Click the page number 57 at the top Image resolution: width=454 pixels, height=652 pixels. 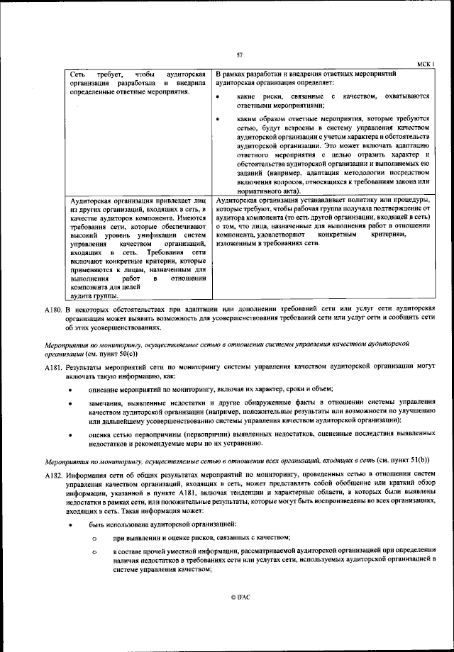coord(240,55)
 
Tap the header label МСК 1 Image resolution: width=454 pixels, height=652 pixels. coord(423,63)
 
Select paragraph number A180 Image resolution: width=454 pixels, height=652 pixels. coord(52,310)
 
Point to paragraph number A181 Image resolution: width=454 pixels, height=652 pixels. coord(52,369)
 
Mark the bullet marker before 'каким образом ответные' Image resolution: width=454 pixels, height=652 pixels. coord(218,120)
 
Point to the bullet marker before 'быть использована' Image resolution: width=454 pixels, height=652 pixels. coord(71,524)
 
